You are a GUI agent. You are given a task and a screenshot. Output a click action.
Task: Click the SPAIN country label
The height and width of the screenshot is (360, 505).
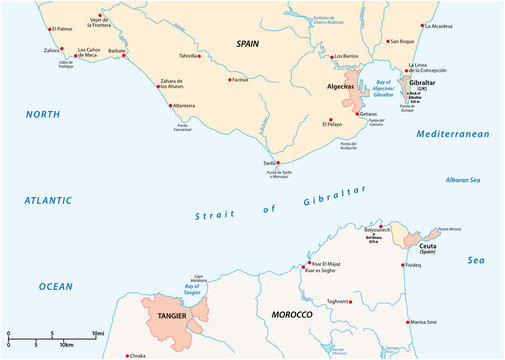coord(247,44)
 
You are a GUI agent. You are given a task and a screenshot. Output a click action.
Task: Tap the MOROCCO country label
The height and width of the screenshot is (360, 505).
coord(292,315)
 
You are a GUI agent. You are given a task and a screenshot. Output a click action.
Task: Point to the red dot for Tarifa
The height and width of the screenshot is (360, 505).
coord(279,163)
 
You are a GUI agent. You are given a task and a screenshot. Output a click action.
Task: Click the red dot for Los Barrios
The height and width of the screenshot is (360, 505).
coord(332,56)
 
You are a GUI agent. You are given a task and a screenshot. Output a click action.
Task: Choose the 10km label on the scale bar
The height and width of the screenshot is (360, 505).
coord(65,345)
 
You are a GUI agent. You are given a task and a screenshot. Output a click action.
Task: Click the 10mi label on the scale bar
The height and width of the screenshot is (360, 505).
coord(98,333)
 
